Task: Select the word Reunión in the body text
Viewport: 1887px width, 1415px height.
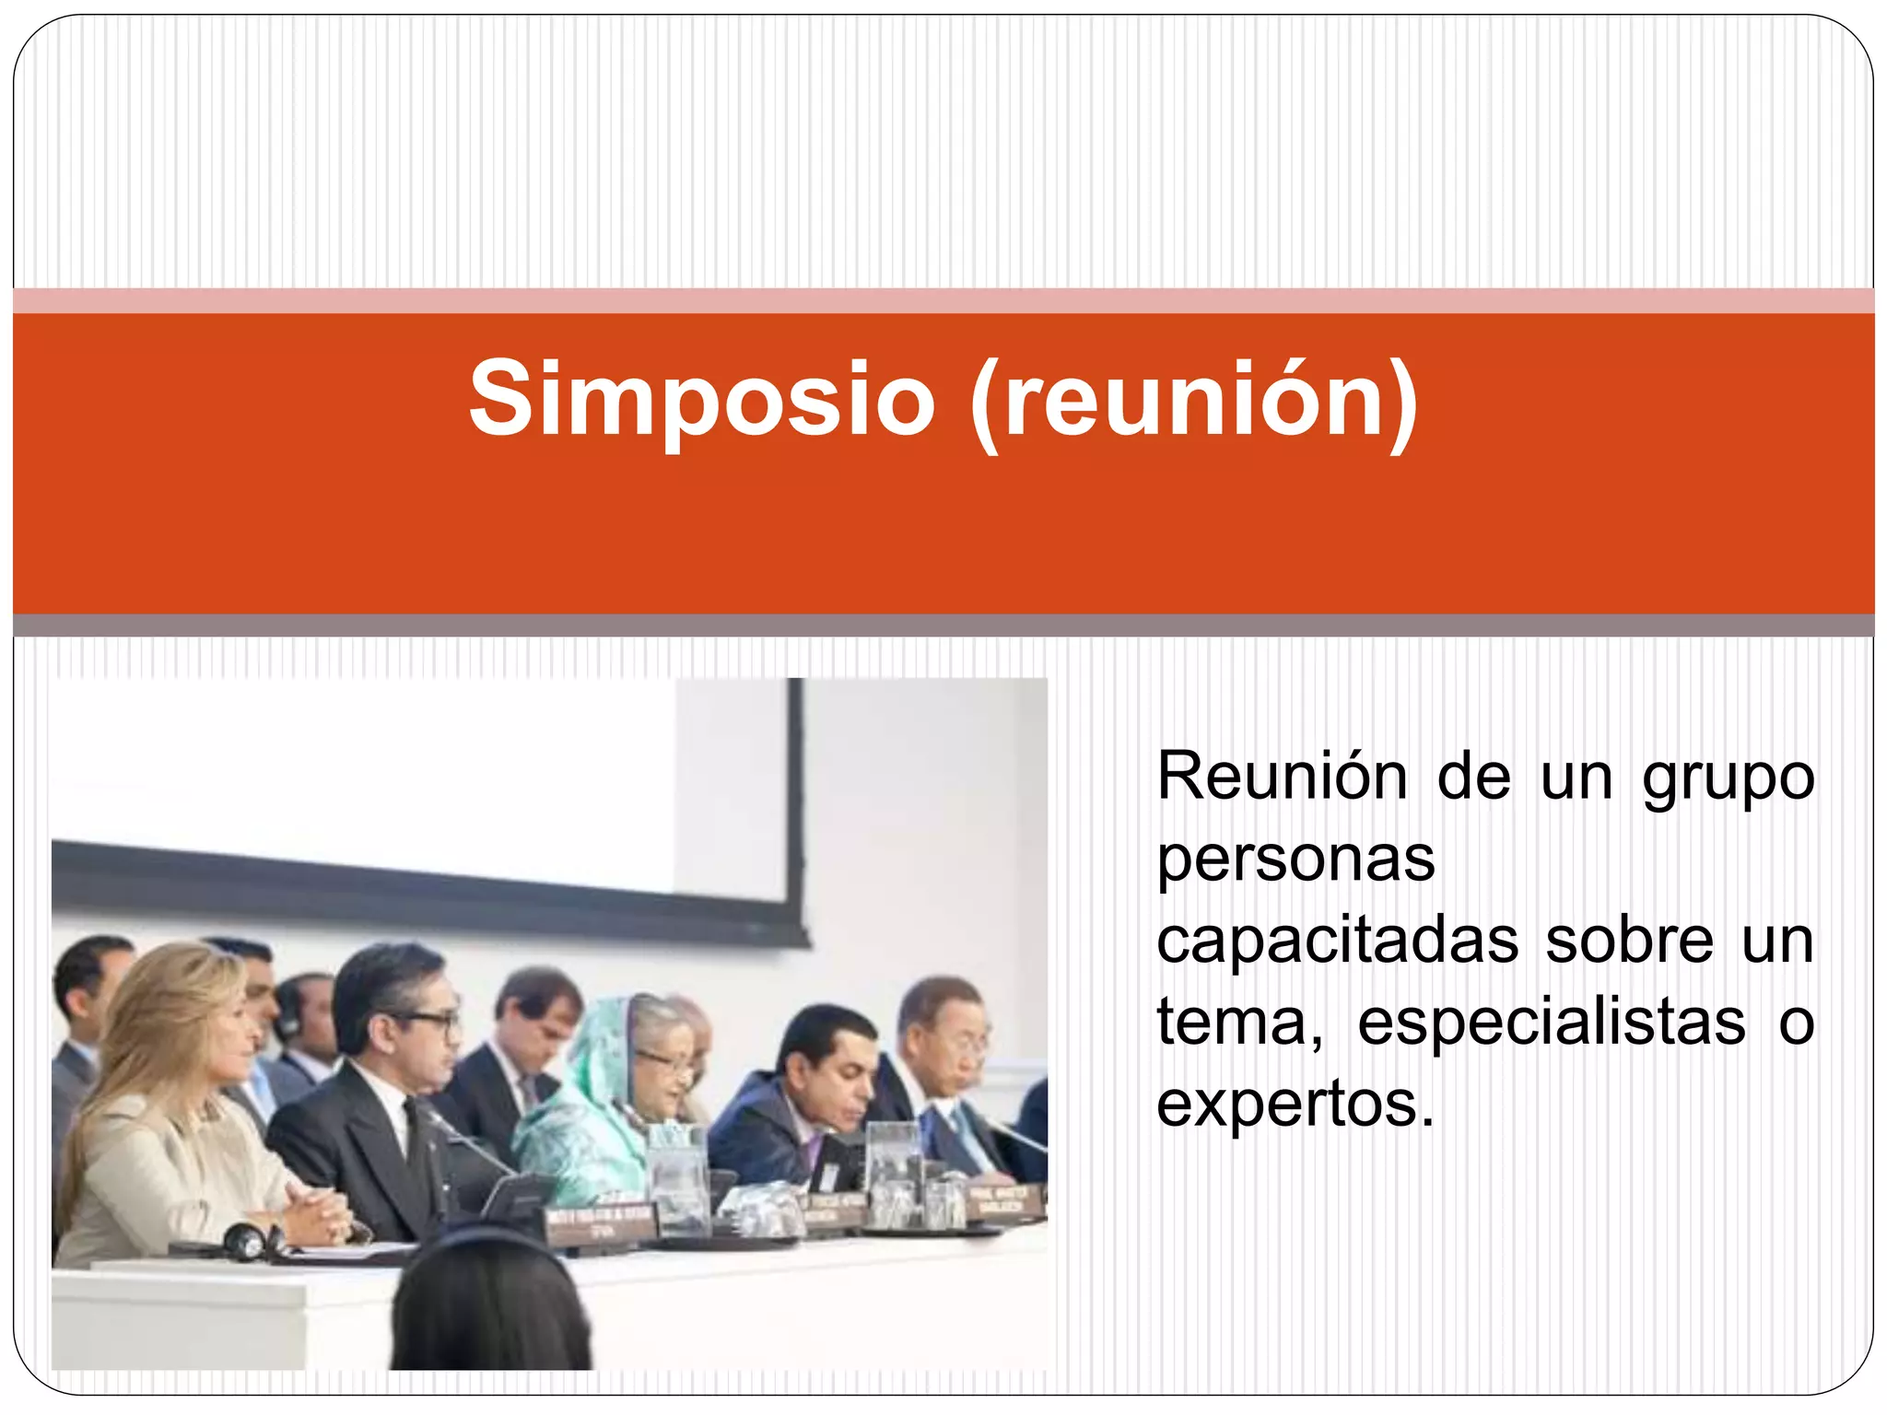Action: [x=1282, y=777]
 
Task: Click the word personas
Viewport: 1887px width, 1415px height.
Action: [x=1295, y=860]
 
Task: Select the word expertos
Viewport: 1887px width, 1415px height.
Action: [x=1295, y=1105]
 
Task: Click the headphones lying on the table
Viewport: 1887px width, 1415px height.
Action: [x=249, y=1242]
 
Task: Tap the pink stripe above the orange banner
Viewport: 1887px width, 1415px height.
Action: [x=943, y=300]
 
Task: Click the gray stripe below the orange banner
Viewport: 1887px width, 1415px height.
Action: [x=943, y=626]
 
